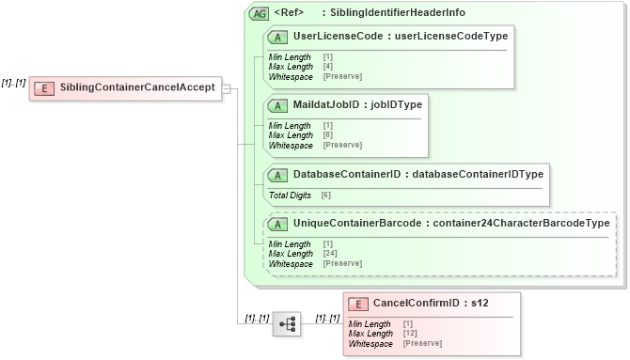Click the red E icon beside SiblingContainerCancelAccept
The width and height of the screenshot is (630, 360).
click(43, 88)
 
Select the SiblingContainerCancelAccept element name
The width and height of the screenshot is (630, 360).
click(135, 88)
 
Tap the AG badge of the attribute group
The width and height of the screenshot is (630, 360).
click(258, 13)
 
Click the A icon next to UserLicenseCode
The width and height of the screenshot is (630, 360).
click(278, 37)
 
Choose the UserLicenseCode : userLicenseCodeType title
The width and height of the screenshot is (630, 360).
click(401, 37)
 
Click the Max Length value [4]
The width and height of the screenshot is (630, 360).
click(328, 66)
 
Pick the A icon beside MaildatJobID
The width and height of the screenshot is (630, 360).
click(278, 104)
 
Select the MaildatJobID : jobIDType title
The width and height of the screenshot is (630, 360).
click(357, 104)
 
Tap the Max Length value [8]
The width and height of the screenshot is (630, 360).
click(328, 135)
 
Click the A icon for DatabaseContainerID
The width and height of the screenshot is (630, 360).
click(278, 174)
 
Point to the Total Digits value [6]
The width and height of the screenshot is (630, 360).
click(326, 195)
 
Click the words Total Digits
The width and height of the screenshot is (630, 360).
click(291, 195)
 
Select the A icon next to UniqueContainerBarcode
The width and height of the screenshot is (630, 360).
click(278, 223)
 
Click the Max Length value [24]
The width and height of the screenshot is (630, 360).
click(330, 254)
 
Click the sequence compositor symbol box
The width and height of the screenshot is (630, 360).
click(287, 323)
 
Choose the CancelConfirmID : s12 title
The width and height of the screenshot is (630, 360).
click(431, 304)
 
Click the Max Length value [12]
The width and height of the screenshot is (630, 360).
click(410, 334)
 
